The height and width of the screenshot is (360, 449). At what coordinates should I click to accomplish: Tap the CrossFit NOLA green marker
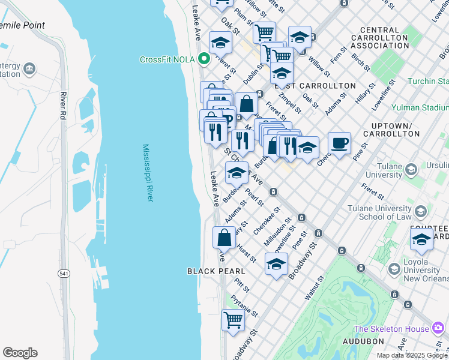(204, 59)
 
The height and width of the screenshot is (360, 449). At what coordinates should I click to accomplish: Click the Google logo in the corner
(20, 353)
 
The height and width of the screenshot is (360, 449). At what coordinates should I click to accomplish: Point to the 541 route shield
(64, 273)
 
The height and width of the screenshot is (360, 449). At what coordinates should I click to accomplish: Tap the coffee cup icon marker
(339, 143)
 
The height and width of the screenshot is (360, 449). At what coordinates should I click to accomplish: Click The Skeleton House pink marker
(438, 328)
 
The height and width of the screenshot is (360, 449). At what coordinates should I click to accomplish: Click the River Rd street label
(62, 104)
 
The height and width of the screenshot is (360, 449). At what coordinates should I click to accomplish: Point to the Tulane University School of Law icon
(421, 211)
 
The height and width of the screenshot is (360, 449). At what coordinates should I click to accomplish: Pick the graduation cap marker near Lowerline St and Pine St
(276, 263)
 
